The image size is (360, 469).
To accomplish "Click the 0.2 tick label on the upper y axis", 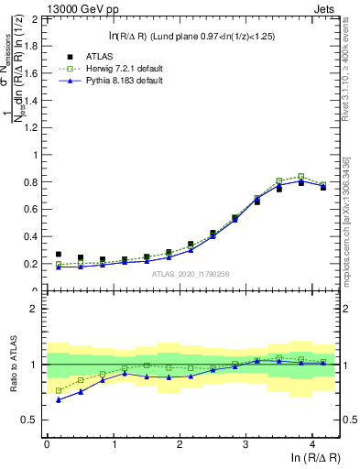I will tap(32, 264).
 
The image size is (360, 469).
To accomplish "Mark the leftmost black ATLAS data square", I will tap(59, 255).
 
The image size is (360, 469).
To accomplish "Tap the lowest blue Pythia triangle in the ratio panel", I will tap(59, 400).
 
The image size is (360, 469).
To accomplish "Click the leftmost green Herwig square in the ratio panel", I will tap(59, 390).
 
